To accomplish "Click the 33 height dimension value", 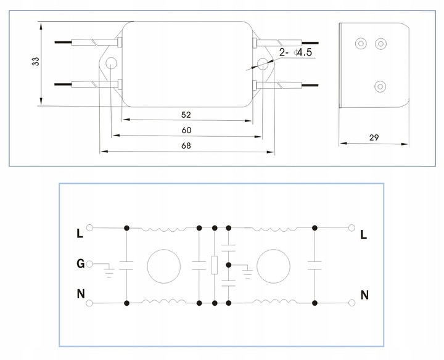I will [35, 62].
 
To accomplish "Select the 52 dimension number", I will [186, 115].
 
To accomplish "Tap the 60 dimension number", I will [186, 130].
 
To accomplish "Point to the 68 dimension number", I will [186, 146].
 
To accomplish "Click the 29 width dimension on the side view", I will [374, 138].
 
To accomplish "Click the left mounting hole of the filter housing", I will [112, 63].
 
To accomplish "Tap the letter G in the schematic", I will [80, 264].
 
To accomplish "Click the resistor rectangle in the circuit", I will [214, 266].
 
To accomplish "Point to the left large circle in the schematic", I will [163, 266].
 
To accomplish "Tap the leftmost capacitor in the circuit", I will [126, 266].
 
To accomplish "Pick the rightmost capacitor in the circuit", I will [315, 266].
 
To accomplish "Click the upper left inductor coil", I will [163, 228].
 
